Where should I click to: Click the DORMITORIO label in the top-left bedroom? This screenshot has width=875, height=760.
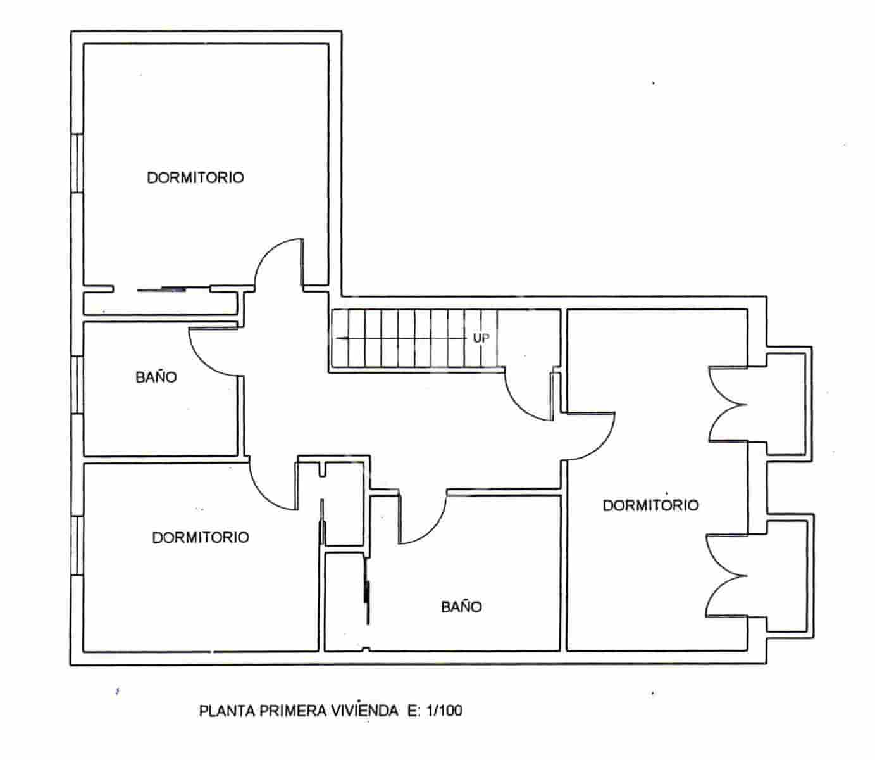click(195, 177)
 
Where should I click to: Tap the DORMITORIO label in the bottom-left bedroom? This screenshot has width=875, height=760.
click(201, 537)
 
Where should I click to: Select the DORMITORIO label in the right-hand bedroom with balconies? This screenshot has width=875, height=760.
click(650, 505)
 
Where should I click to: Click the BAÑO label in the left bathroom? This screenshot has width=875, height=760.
click(156, 377)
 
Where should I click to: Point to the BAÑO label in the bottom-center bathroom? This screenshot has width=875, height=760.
click(461, 607)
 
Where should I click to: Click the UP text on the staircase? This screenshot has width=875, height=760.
click(481, 338)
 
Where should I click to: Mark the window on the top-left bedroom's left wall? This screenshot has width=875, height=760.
click(77, 162)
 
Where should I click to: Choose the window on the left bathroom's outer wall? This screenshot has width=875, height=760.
click(77, 384)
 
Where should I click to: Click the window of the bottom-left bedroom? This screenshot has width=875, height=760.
click(77, 546)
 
